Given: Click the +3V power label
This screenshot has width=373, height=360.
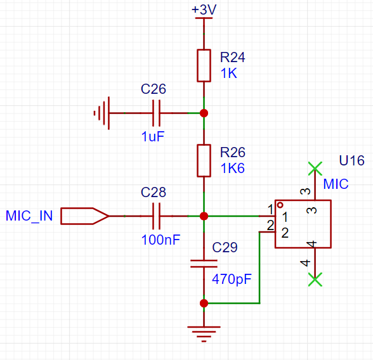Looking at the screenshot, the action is (204, 10).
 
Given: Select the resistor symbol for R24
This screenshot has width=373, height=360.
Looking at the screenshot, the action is (204, 65).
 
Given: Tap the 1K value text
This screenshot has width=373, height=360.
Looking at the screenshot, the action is (228, 73).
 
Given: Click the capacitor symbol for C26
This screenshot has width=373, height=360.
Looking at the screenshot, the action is (156, 113).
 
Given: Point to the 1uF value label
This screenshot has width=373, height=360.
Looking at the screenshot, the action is (153, 137).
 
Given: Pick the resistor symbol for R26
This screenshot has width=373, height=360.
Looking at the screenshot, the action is (204, 160).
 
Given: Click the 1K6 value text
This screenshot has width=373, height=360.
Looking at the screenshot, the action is (232, 168).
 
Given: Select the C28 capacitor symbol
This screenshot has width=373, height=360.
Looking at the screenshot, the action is (156, 216).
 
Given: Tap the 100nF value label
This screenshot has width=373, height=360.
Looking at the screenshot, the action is (160, 240).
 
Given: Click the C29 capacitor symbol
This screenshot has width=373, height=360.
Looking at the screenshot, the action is (204, 264).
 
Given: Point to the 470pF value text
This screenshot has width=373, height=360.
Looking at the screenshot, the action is (232, 280).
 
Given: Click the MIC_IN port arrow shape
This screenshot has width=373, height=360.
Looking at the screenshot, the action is (85, 216).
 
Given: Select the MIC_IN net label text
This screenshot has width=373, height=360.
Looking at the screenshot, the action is (29, 216).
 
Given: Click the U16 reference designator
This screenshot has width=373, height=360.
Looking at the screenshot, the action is (351, 160).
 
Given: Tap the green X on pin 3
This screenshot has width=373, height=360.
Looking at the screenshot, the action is (315, 169).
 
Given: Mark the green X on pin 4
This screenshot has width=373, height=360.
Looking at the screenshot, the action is (315, 280).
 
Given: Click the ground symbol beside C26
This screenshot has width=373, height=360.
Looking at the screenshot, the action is (101, 113).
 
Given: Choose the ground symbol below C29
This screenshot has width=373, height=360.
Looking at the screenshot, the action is (204, 334).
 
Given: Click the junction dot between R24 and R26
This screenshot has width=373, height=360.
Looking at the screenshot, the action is (204, 113).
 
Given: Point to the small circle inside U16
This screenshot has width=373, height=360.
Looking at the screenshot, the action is (280, 205).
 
